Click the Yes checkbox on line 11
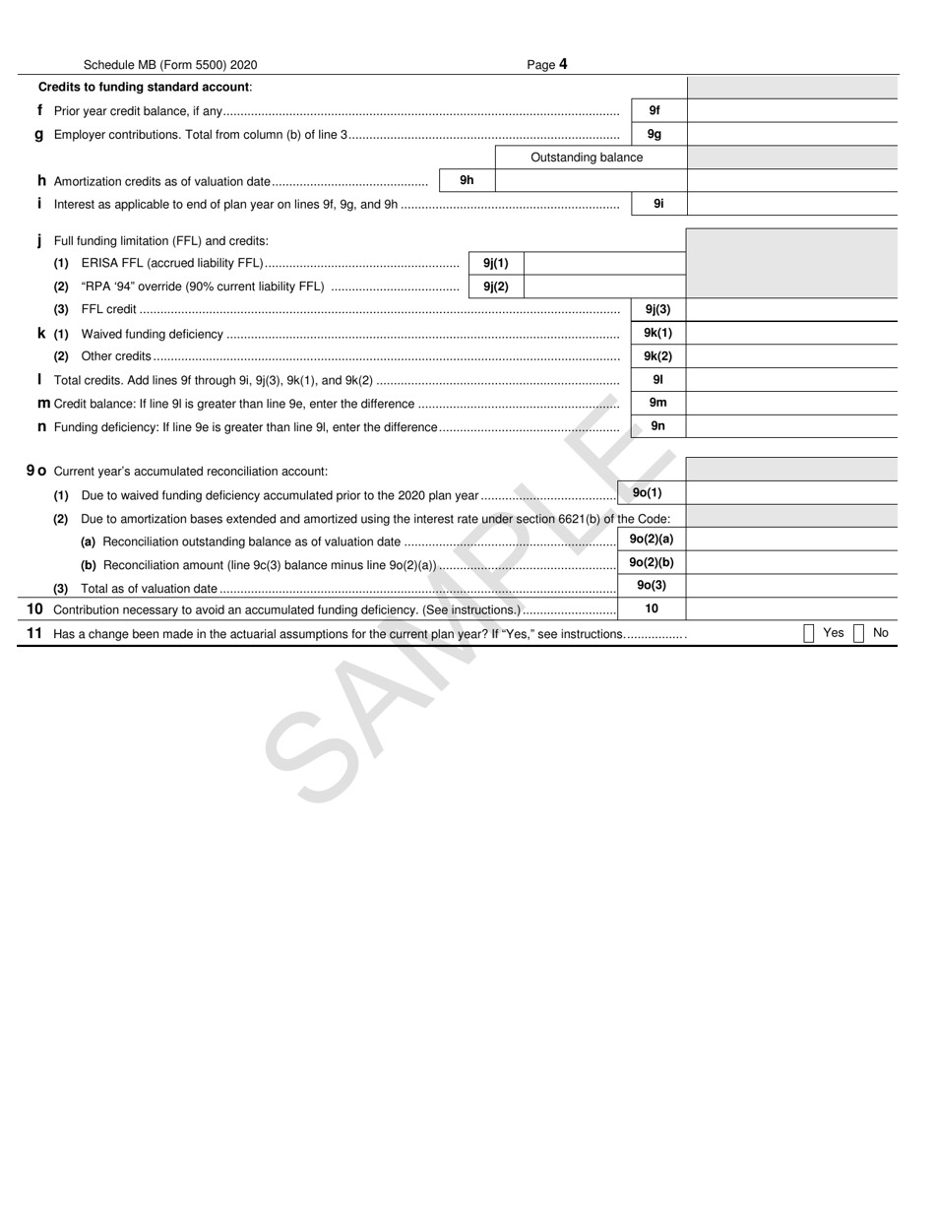click(809, 633)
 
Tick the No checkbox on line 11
click(858, 633)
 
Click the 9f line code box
click(657, 111)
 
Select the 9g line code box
click(657, 134)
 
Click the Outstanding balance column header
click(587, 158)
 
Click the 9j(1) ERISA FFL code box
click(496, 263)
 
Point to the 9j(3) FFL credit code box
click(657, 309)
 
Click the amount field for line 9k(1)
click(791, 333)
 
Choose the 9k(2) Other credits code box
click(657, 356)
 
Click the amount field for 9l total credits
click(791, 379)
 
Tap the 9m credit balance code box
click(657, 403)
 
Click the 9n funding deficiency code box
click(657, 426)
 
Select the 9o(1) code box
click(648, 492)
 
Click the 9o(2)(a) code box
click(652, 539)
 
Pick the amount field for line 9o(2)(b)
click(791, 562)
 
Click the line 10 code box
click(652, 608)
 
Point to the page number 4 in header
click(563, 65)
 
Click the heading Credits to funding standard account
click(145, 87)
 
